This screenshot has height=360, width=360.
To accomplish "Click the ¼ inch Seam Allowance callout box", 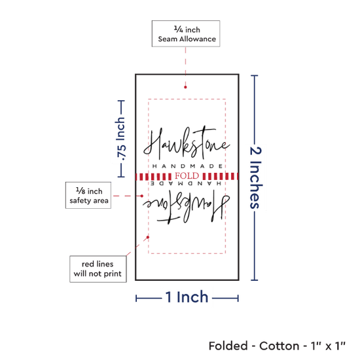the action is (x=186, y=34).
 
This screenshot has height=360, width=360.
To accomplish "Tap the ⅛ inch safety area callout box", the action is (x=88, y=196).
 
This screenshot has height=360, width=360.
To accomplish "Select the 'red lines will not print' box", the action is (x=98, y=269).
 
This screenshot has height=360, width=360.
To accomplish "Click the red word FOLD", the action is (x=187, y=176).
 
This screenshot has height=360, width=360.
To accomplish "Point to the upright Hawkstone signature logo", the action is (x=187, y=143).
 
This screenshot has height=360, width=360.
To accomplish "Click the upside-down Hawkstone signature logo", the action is (x=186, y=207).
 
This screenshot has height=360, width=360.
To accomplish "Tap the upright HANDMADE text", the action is (x=187, y=166).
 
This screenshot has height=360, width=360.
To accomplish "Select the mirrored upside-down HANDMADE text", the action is (x=186, y=183).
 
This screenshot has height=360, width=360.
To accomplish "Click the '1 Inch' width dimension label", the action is (x=187, y=297).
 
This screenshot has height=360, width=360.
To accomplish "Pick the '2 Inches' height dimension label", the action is (x=255, y=177).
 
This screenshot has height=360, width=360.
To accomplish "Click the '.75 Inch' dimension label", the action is (x=121, y=139).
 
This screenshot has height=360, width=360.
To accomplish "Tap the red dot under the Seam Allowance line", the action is (x=185, y=87).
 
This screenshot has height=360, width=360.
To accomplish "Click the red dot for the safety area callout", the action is (x=142, y=196).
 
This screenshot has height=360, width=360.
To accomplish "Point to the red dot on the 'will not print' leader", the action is (x=148, y=237).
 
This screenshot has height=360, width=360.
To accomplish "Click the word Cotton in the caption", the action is (x=279, y=346).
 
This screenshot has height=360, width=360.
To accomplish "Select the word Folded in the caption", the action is (x=228, y=346).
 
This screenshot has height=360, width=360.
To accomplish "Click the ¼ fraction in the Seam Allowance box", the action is (x=179, y=29).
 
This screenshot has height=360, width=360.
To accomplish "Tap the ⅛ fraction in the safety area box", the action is (x=81, y=190).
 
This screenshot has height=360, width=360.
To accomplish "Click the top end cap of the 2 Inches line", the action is (x=255, y=75).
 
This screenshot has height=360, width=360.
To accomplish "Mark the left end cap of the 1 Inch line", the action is (x=136, y=298).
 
